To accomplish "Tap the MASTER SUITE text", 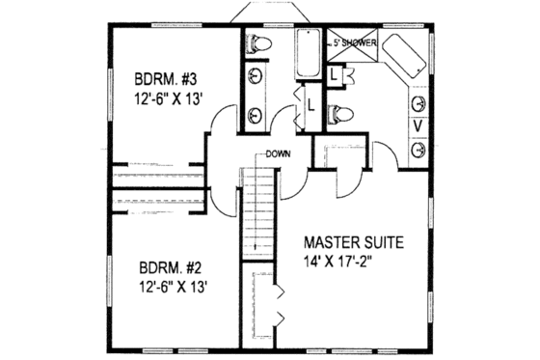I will click(353, 240).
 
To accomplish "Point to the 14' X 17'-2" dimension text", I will click(353, 261).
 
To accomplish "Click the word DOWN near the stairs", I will click(281, 153).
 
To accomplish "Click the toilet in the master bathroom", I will click(337, 113).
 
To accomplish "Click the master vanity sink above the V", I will click(418, 103).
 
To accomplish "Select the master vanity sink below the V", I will click(418, 149).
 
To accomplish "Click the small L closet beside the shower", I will click(333, 73).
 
